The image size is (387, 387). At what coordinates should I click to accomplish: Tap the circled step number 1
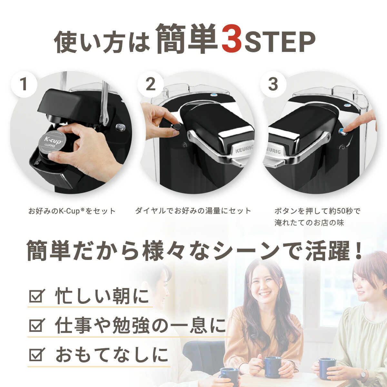pyautogui.click(x=24, y=84)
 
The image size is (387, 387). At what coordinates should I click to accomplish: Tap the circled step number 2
pyautogui.click(x=151, y=84)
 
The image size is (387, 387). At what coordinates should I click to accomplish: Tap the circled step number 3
pyautogui.click(x=273, y=84)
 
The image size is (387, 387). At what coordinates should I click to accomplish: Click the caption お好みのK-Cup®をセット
pyautogui.click(x=72, y=211)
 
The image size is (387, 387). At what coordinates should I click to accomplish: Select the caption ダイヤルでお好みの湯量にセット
pyautogui.click(x=193, y=211)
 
